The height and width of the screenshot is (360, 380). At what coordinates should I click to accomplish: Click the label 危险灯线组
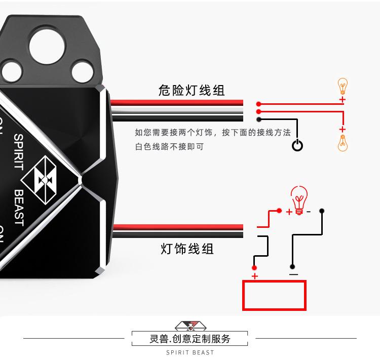click(191, 91)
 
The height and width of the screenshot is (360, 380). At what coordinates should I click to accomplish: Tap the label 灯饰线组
click(187, 249)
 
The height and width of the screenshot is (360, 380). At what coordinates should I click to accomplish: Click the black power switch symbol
click(297, 146)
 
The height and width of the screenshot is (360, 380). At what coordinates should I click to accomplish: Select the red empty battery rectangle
click(275, 295)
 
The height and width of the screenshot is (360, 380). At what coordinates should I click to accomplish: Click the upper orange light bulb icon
click(343, 86)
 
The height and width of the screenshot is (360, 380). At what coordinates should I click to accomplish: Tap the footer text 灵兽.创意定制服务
click(190, 339)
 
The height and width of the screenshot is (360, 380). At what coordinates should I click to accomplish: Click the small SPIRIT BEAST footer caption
click(190, 352)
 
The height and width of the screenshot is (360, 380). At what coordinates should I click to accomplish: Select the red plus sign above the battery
click(255, 276)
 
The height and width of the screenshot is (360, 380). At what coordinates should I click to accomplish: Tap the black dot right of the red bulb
click(322, 210)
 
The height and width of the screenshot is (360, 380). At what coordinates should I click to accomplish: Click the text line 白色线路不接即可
click(169, 147)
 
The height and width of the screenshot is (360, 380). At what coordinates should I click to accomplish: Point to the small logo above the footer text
click(190, 325)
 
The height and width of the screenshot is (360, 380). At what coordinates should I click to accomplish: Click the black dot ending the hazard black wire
click(259, 119)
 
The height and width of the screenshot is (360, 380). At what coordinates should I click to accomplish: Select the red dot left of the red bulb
click(278, 210)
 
